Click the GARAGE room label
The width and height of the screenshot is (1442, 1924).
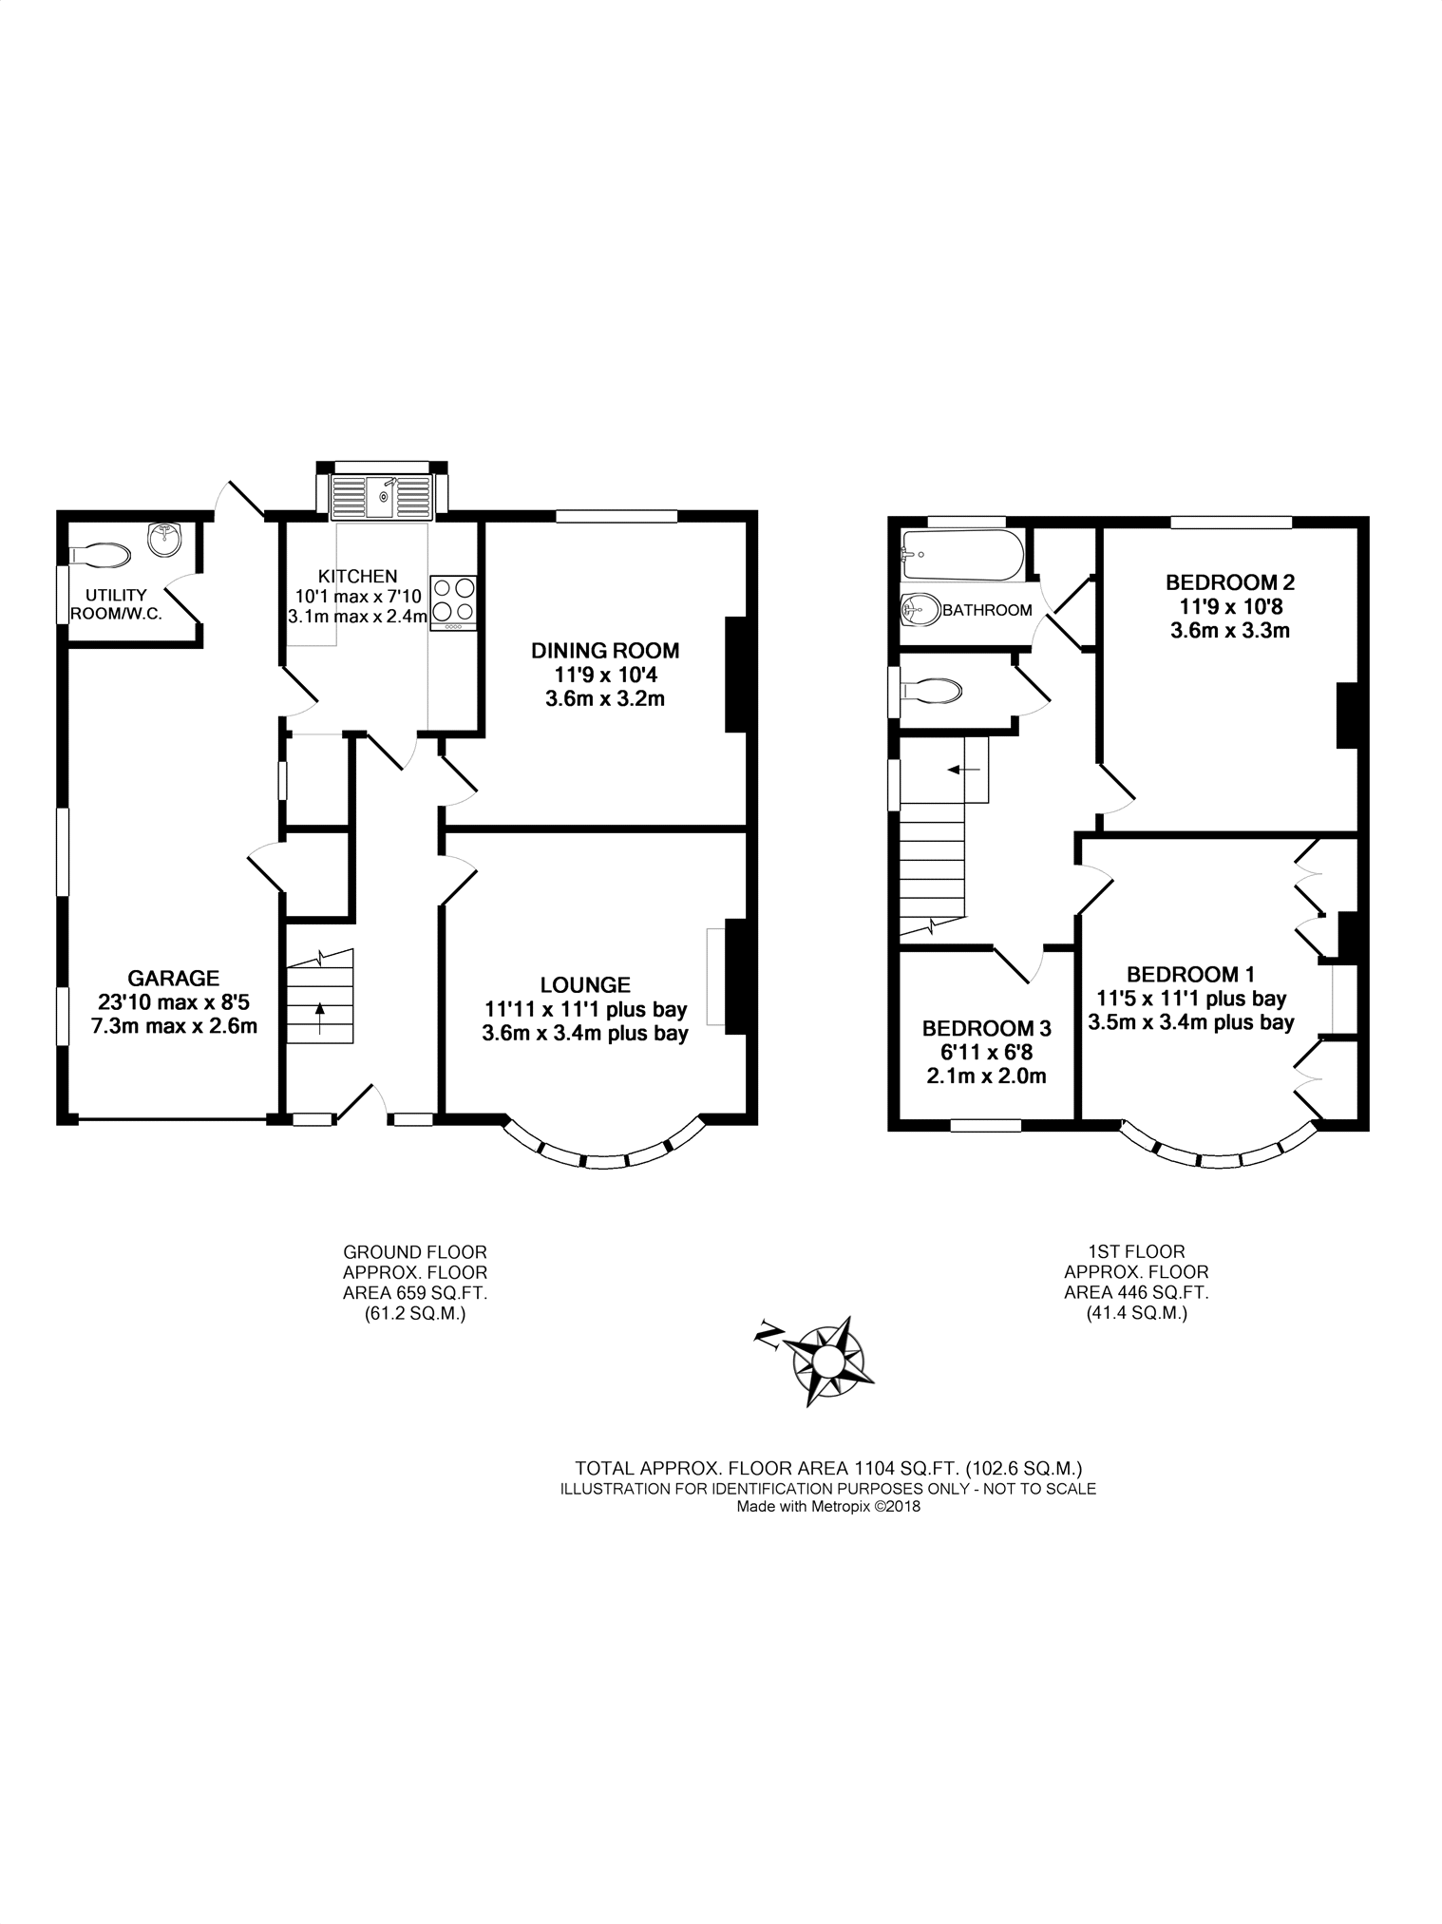click(174, 978)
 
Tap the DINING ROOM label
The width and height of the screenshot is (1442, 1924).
click(605, 651)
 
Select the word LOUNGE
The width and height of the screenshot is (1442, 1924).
click(585, 985)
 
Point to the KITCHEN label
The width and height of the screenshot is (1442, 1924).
click(357, 576)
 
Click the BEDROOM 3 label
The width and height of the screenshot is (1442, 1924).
click(987, 1028)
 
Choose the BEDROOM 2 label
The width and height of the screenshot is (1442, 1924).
click(1230, 582)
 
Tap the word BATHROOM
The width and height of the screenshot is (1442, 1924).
click(987, 610)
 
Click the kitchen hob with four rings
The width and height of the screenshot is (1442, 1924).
click(453, 603)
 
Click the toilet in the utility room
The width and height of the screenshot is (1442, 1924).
click(100, 554)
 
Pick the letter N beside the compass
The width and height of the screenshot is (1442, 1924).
click(767, 1336)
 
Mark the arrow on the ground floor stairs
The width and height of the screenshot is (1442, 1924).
click(319, 1018)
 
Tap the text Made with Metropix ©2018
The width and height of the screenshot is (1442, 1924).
click(828, 1506)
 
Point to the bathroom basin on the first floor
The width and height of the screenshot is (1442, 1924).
click(920, 608)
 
